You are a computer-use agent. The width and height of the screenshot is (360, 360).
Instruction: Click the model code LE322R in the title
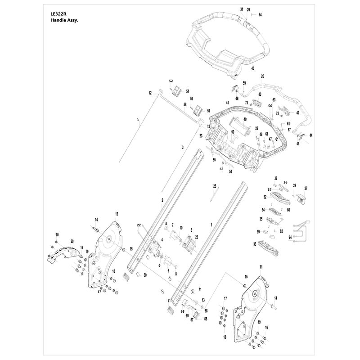pyautogui.click(x=58, y=14)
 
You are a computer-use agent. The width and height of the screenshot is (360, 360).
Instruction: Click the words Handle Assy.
pyautogui.click(x=64, y=20)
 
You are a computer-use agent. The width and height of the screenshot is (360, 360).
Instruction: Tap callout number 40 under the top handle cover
pyautogui.click(x=253, y=68)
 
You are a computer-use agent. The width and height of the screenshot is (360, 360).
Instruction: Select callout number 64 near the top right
pyautogui.click(x=260, y=15)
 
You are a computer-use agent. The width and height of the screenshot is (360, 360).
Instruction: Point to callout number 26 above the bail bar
pyautogui.click(x=262, y=76)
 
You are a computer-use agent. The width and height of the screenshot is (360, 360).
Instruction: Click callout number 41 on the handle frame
pyautogui.click(x=227, y=103)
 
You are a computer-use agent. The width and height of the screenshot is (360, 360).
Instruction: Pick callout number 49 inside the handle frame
pyautogui.click(x=245, y=119)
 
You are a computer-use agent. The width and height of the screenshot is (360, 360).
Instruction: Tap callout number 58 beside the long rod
pyautogui.click(x=185, y=104)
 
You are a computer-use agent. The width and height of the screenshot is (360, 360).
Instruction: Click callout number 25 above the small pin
pyautogui.click(x=215, y=186)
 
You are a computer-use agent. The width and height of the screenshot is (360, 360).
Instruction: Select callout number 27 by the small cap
pyautogui.click(x=306, y=188)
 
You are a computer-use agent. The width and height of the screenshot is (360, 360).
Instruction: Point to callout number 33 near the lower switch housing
pyautogui.click(x=255, y=244)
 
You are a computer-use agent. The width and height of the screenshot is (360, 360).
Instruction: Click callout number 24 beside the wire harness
pyautogui.click(x=290, y=238)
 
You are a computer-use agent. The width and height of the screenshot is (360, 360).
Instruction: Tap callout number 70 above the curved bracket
pyautogui.click(x=57, y=234)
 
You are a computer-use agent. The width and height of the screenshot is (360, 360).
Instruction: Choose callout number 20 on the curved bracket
pyautogui.click(x=72, y=241)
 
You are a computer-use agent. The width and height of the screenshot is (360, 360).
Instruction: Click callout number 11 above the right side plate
pyautogui.click(x=261, y=267)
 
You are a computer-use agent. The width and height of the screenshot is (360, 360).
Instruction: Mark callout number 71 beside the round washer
pyautogui.click(x=200, y=290)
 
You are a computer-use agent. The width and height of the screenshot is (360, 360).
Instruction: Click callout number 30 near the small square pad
pyautogui.click(x=145, y=275)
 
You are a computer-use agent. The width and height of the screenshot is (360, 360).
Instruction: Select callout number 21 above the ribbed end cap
pyautogui.click(x=169, y=301)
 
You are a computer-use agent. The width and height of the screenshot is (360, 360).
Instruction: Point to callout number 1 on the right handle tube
pyautogui.click(x=211, y=225)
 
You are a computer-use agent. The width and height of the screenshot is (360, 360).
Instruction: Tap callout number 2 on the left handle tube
pyautogui.click(x=162, y=200)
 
